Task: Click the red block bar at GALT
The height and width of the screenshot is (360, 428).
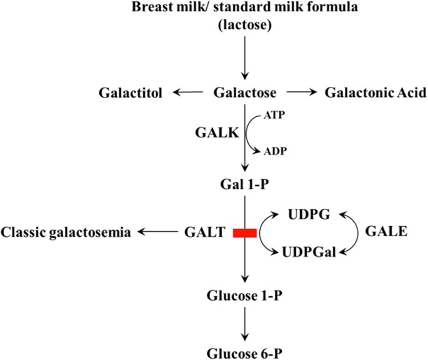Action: pos(244,233)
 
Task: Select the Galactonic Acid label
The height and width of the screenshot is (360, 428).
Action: pos(376,93)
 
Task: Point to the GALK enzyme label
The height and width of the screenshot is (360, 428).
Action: pos(209,133)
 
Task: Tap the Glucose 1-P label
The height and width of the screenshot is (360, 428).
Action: pos(244,296)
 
